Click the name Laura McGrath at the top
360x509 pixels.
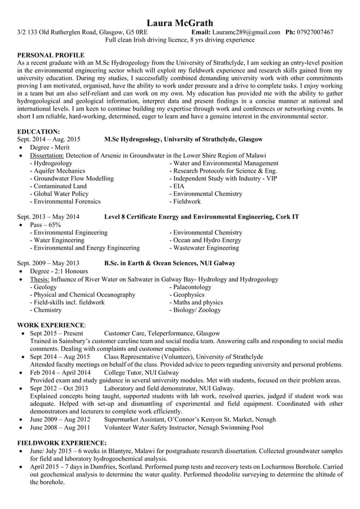[180, 23]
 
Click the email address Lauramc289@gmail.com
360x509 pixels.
[247, 32]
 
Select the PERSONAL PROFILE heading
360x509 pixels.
[51, 55]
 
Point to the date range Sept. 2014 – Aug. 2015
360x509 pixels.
[49, 139]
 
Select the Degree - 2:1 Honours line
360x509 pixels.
[57, 271]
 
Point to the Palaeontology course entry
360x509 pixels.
[190, 287]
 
